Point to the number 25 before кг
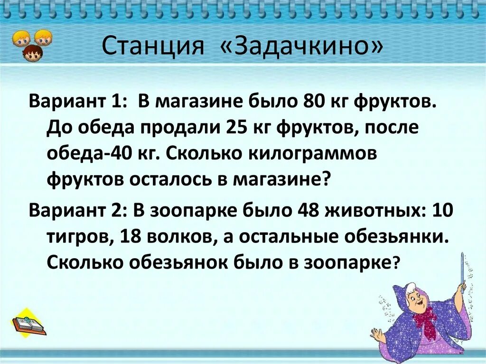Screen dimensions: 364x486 tap(241, 128)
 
